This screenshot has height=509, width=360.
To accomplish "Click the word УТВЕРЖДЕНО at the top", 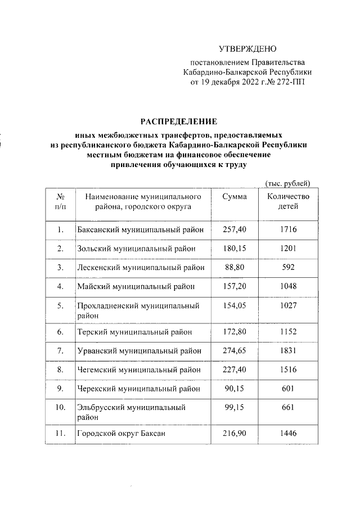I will (x=247, y=50).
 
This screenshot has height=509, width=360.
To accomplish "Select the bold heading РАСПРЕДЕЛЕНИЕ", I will (x=178, y=121).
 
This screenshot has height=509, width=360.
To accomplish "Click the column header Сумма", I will (x=235, y=196).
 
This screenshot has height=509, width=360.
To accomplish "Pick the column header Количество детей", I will (x=289, y=201).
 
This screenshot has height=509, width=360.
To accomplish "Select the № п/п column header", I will (x=60, y=201).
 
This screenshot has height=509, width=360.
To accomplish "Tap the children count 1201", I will (x=289, y=248).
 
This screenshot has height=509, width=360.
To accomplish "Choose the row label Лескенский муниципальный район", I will (x=140, y=267).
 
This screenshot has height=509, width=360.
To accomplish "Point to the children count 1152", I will (x=289, y=333).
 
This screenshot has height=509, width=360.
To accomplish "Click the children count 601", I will (x=289, y=389).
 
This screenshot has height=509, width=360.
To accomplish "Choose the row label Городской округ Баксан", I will (x=121, y=434).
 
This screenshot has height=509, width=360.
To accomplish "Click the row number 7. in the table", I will (x=60, y=351).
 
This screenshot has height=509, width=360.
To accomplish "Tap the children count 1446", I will (x=289, y=434).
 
